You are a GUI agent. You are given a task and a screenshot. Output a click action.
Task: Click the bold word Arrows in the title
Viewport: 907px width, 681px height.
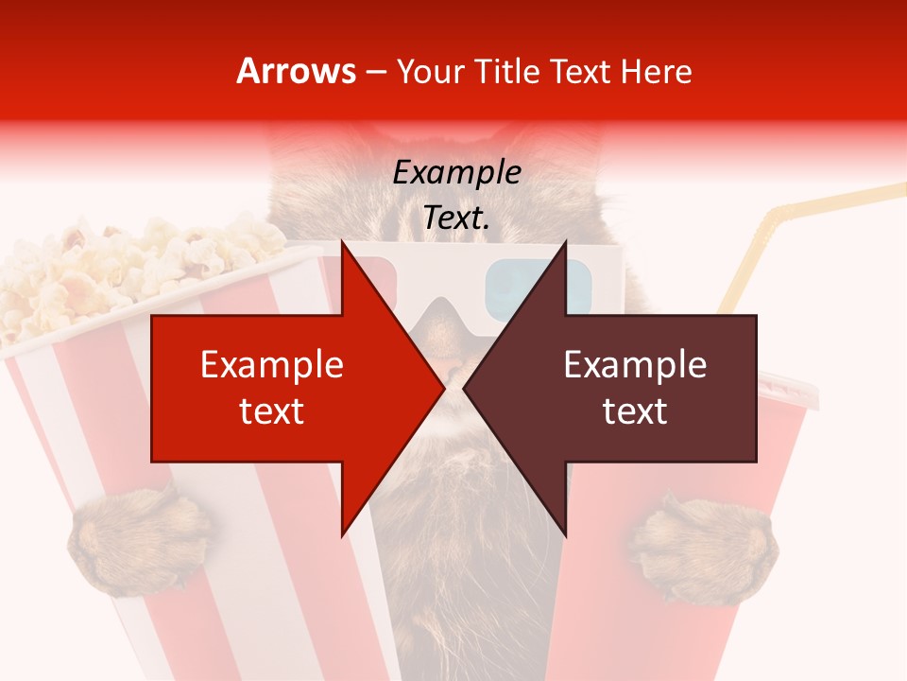(296, 72)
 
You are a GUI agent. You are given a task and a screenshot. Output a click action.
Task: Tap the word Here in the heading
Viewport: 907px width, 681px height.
(656, 72)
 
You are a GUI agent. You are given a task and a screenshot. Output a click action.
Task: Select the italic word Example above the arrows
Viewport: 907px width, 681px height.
(457, 173)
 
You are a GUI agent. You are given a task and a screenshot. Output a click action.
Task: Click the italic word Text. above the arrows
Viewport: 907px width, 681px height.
(457, 218)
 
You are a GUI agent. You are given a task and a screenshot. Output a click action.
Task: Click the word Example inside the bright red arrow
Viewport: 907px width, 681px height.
(272, 365)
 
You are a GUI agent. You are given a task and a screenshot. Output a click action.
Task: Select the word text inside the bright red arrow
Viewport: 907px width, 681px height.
(272, 411)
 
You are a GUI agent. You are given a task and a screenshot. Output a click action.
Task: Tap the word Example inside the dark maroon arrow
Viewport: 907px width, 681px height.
(635, 365)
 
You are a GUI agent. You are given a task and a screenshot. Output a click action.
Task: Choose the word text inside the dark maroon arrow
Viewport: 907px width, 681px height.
(635, 411)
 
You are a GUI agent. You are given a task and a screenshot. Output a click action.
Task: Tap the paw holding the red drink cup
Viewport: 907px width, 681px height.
(704, 549)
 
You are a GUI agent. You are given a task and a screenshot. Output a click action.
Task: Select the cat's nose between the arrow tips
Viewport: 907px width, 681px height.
(454, 364)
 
